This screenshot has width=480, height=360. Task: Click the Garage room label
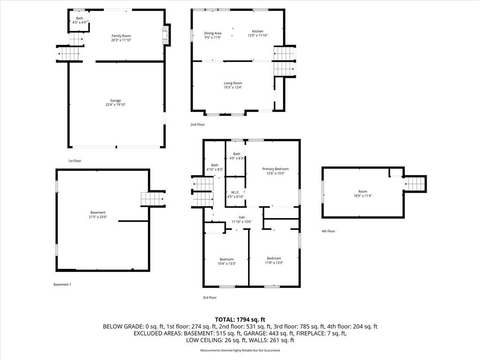[115, 100]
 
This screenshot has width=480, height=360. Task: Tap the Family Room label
[121, 36]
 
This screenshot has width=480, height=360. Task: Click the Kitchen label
[257, 31]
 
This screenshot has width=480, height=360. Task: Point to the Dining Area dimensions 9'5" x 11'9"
[213, 37]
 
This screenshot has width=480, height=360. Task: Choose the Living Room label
[232, 83]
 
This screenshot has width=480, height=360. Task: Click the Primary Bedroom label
[275, 169]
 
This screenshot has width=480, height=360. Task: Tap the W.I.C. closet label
[235, 192]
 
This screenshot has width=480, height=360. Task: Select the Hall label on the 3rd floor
[241, 217]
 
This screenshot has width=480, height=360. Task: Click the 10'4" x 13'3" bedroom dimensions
[226, 263]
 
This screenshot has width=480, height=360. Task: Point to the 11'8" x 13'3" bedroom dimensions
[274, 262]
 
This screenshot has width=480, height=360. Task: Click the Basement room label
[97, 212]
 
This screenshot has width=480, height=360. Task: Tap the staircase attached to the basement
[153, 199]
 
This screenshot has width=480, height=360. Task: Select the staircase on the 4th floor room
[415, 184]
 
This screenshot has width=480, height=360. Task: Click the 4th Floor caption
[328, 231]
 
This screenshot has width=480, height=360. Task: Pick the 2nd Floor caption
[197, 125]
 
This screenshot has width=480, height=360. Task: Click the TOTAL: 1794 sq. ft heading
[240, 320]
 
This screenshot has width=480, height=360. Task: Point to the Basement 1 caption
[62, 285]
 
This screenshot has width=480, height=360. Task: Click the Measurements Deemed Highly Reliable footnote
[240, 350]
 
